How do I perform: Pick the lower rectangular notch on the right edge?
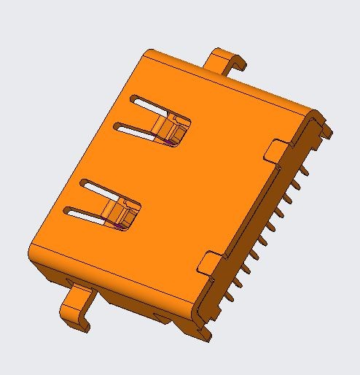point(208,261)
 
